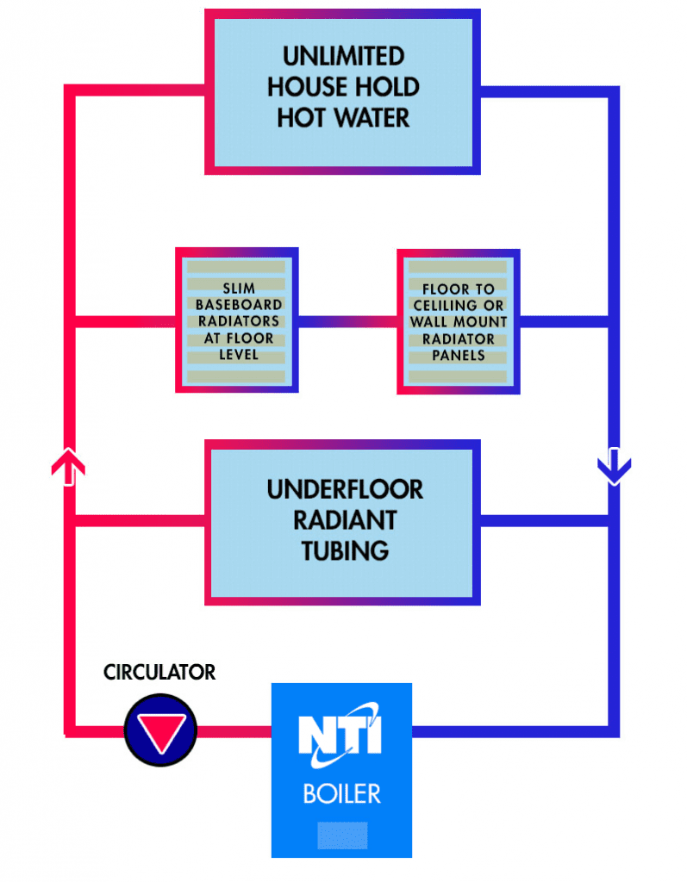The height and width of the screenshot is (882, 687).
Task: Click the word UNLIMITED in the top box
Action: click(x=343, y=58)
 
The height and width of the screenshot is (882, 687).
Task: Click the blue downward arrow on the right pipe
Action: click(x=614, y=467)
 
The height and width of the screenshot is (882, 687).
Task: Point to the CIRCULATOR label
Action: click(x=159, y=672)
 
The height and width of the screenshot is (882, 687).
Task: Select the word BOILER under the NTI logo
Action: click(x=341, y=793)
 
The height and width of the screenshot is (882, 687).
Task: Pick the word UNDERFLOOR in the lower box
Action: click(x=345, y=490)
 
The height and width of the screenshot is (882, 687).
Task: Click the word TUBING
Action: click(x=345, y=550)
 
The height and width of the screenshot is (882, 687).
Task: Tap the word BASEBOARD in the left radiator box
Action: click(x=238, y=305)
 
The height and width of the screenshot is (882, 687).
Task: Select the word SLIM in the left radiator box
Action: click(x=238, y=289)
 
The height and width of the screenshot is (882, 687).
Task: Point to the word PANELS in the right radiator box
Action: click(x=459, y=355)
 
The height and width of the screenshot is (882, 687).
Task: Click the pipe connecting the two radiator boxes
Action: click(x=347, y=322)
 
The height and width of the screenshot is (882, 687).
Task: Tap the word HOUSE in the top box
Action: click(x=303, y=87)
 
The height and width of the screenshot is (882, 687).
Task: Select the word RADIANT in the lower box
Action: click(x=345, y=520)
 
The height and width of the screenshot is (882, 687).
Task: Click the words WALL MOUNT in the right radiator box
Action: click(x=459, y=322)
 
